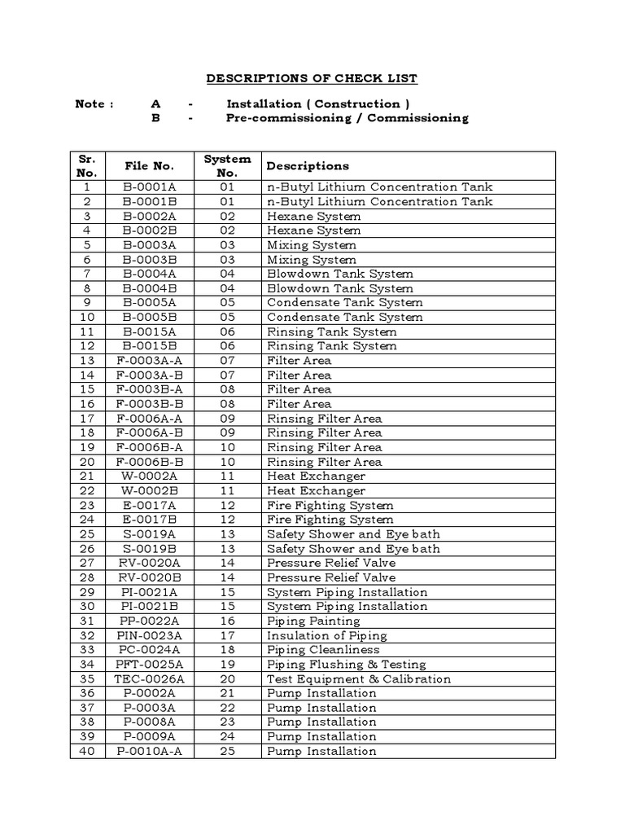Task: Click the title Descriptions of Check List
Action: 312,78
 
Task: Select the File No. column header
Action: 149,165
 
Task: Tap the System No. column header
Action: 227,165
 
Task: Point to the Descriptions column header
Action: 308,165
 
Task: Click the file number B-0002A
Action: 149,216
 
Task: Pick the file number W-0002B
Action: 149,490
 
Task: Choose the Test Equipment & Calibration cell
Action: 359,678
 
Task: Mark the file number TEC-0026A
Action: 149,678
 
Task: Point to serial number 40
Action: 88,751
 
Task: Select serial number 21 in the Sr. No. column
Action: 88,476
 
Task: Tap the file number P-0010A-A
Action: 149,751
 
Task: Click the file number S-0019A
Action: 149,533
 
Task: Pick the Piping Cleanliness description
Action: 323,650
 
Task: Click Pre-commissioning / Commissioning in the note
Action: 347,118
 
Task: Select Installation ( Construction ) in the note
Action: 318,103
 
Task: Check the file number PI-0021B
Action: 149,606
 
